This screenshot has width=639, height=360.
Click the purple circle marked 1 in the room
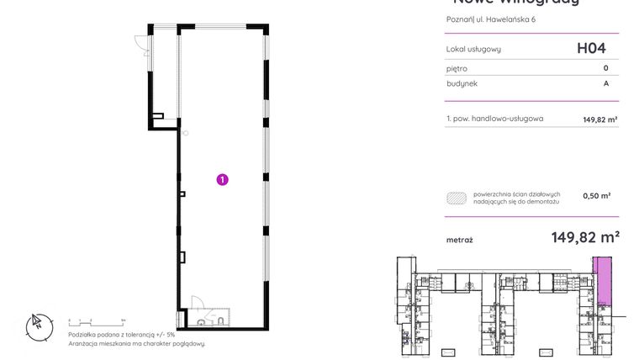click(222, 178)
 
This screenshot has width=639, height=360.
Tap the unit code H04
click(591, 49)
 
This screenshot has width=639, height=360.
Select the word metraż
click(459, 240)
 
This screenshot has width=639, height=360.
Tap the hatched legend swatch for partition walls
click(457, 197)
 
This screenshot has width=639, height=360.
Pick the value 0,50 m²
click(596, 196)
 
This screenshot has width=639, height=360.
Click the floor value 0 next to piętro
click(605, 68)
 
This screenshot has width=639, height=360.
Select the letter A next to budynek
click(605, 84)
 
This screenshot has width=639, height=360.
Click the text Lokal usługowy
click(473, 50)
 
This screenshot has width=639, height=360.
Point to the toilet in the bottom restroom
click(219, 320)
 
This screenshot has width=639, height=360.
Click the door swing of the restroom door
click(198, 304)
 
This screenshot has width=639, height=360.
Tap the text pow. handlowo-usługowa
click(499, 119)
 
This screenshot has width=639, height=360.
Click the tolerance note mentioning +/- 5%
click(122, 334)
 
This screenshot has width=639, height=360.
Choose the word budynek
click(462, 84)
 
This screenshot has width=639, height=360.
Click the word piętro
click(457, 68)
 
